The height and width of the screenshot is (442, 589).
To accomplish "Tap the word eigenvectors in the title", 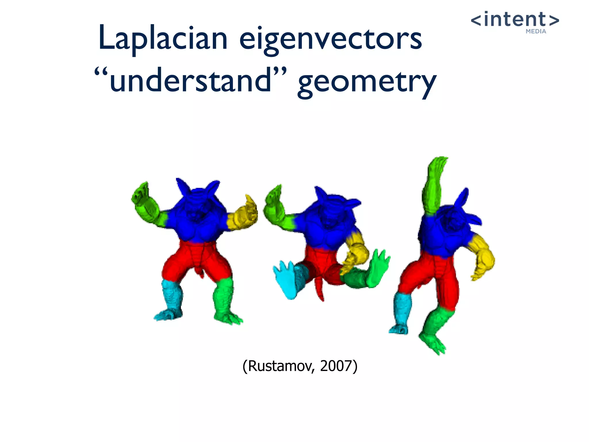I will (331, 39).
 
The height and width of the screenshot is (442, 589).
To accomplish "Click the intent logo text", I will (515, 20).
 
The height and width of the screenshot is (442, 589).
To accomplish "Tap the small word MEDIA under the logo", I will (536, 31).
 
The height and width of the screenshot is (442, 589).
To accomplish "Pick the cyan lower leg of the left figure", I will (171, 296).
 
